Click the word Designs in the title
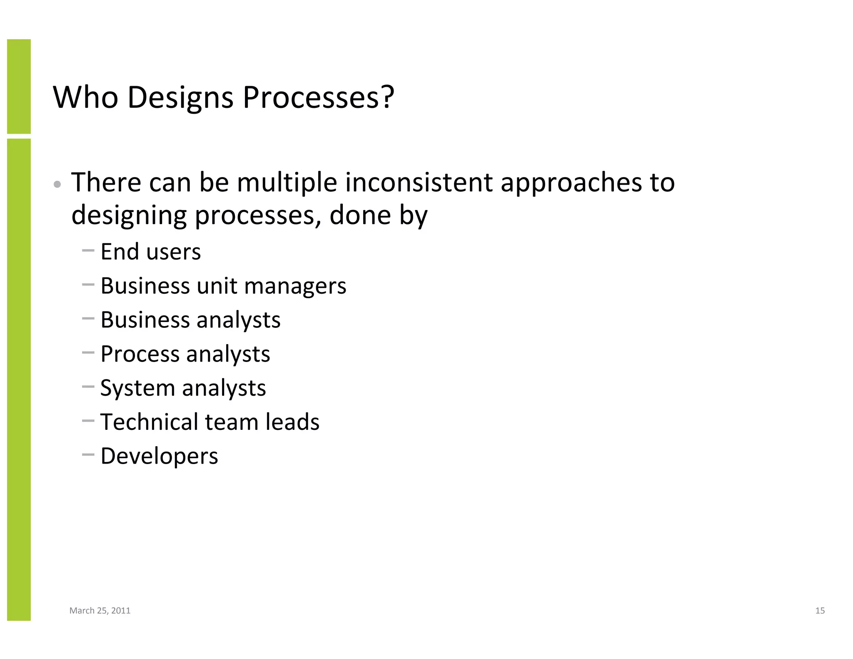[x=180, y=98]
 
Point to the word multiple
[x=287, y=183]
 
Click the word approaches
[x=571, y=183]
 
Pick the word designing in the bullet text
[x=129, y=216]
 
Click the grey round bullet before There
[x=58, y=184]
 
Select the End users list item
[x=150, y=252]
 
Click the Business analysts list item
[x=190, y=320]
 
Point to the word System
[x=137, y=388]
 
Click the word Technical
[x=149, y=422]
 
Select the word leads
[x=292, y=422]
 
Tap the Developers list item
[x=159, y=456]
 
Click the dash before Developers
[x=88, y=455]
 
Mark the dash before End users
[x=88, y=251]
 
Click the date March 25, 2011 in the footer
[x=100, y=611]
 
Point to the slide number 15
[x=820, y=611]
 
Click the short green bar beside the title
[x=19, y=86]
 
